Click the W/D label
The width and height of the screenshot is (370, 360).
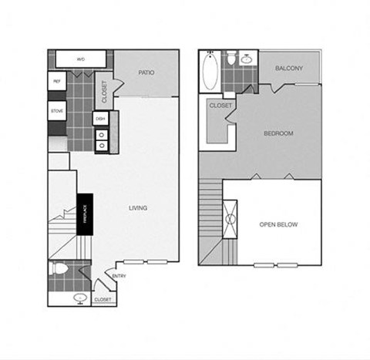click(x=80, y=59)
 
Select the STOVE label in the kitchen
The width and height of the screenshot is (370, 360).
click(x=57, y=112)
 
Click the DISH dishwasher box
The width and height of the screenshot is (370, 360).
click(x=100, y=119)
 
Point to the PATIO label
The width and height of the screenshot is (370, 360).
click(x=147, y=73)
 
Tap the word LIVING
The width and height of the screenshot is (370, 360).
click(x=137, y=207)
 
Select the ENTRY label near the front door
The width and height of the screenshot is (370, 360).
click(x=119, y=276)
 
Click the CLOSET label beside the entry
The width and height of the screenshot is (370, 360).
click(x=103, y=298)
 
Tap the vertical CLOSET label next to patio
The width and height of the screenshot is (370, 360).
click(x=105, y=92)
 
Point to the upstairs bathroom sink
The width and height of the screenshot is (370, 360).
click(x=247, y=59)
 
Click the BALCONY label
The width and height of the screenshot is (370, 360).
click(x=289, y=68)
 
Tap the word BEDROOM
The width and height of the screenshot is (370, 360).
click(x=278, y=133)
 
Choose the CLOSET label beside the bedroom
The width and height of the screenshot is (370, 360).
click(x=221, y=106)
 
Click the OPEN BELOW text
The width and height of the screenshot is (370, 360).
click(x=278, y=224)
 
